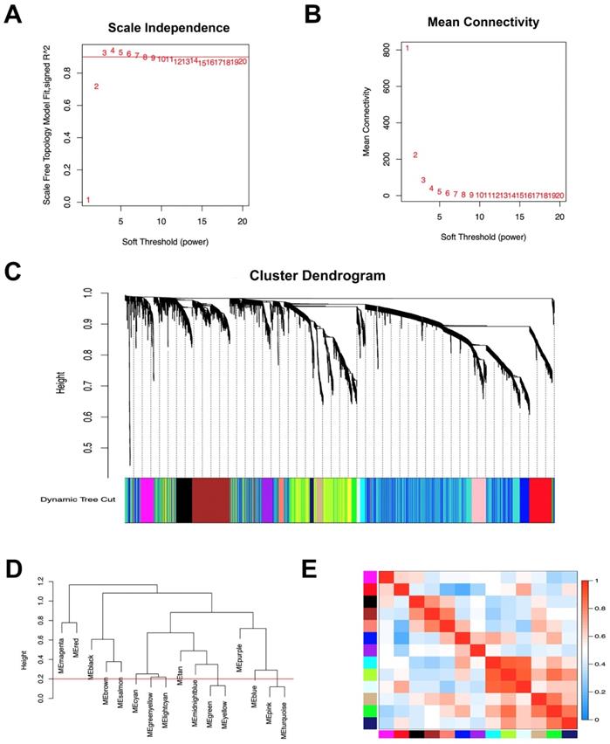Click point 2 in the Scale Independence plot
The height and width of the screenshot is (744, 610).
point(96,86)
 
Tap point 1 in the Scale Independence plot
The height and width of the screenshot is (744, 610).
point(88,200)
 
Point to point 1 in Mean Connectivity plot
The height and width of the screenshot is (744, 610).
point(408,48)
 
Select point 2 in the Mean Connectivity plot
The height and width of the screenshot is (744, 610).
point(415,155)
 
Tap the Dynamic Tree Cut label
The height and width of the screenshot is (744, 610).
point(78,499)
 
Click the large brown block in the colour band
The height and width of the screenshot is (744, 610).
point(210,499)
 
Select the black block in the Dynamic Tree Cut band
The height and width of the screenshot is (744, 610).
point(183,499)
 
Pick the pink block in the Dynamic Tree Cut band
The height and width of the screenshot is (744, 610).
point(479,499)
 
